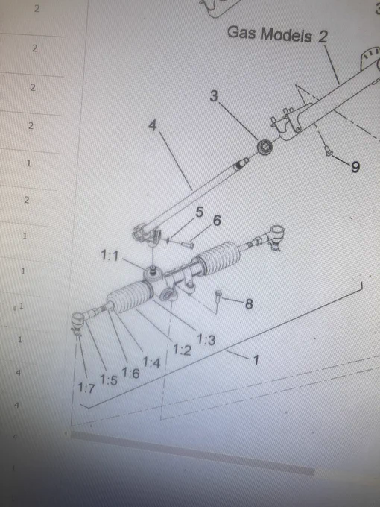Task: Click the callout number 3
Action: click(x=214, y=95)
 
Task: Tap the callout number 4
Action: click(x=153, y=125)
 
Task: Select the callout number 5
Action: click(x=200, y=212)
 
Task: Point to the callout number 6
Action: click(x=217, y=221)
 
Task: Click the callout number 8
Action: click(x=249, y=303)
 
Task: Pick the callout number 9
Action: click(x=355, y=167)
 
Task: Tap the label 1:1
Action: click(x=110, y=255)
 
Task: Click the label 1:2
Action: click(x=183, y=350)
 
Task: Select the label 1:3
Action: click(x=206, y=339)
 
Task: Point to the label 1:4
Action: click(x=151, y=362)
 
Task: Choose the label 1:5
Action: click(x=109, y=380)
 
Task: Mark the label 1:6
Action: click(x=130, y=373)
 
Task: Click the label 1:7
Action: click(x=86, y=388)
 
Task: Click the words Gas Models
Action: click(x=270, y=34)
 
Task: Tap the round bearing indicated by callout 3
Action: click(x=265, y=147)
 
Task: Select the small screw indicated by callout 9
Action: click(x=329, y=151)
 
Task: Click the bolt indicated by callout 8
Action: click(x=219, y=297)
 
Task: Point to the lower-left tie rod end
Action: click(x=78, y=321)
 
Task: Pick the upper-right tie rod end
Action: click(x=276, y=236)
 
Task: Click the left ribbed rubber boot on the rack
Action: click(x=130, y=296)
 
